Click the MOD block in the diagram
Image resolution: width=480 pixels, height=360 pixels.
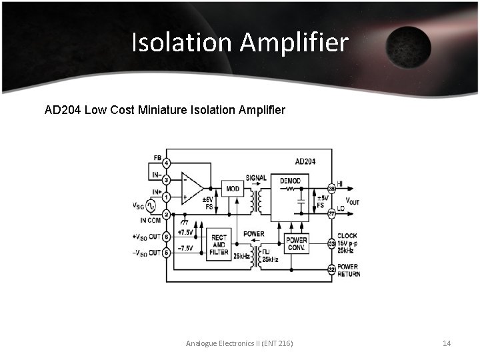point(233,189)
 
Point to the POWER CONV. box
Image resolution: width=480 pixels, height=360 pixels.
point(296,244)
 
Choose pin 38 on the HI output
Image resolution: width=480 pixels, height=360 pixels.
point(331,188)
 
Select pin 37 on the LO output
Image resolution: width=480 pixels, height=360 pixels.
point(331,214)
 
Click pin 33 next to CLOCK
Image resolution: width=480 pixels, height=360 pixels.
point(331,244)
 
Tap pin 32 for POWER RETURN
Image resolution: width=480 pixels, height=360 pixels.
point(331,269)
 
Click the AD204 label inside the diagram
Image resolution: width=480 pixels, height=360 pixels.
point(305,161)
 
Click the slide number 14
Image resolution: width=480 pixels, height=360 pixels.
point(447,343)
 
